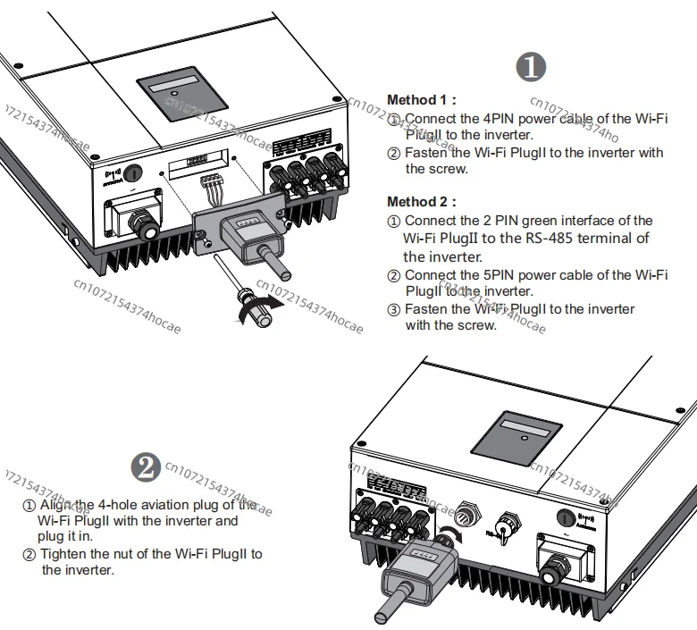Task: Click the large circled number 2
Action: pyautogui.click(x=146, y=466)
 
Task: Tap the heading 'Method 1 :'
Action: pyautogui.click(x=421, y=100)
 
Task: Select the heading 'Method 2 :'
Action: pyautogui.click(x=422, y=202)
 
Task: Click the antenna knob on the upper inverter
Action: pyautogui.click(x=131, y=171)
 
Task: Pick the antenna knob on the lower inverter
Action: pyautogui.click(x=565, y=516)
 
